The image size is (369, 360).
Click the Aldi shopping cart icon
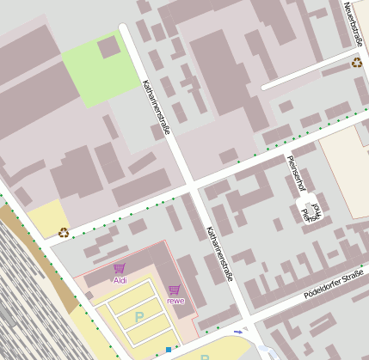click(119, 269)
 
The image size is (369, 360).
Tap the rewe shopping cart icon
click(175, 290)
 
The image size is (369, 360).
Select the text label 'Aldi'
click(120, 280)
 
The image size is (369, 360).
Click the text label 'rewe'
click(175, 301)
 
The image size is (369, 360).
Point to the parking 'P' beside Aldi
click(138, 317)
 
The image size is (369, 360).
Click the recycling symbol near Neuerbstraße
click(356, 62)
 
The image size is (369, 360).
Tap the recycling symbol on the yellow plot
click(64, 231)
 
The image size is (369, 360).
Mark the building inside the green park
click(109, 46)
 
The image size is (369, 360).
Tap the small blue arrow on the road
click(237, 332)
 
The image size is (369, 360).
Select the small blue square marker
click(169, 350)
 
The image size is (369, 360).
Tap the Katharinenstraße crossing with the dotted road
click(193, 186)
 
